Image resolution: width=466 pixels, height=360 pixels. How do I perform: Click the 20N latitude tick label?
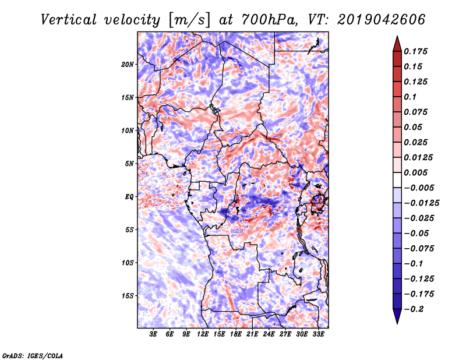[128, 64]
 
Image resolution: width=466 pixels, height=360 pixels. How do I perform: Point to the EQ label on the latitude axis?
[129, 197]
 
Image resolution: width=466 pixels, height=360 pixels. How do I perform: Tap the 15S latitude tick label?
[128, 296]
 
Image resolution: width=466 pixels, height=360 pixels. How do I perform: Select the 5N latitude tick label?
[129, 164]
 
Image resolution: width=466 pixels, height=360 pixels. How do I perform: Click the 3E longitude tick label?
[153, 334]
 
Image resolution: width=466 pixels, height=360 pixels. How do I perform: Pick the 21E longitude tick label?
[252, 334]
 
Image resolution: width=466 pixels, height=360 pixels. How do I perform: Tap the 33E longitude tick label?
[318, 334]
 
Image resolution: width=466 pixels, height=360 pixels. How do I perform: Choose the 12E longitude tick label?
[203, 334]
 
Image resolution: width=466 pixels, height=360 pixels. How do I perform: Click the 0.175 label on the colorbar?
[416, 51]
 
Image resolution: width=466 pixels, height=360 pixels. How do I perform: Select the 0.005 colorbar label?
[416, 172]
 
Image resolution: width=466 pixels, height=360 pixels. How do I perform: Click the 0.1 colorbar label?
[411, 97]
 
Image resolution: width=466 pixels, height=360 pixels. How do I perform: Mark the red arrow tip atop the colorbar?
[397, 36]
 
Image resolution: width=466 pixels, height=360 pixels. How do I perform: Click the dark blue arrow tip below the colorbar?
[397, 323]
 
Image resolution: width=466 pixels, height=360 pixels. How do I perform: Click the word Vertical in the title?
[68, 20]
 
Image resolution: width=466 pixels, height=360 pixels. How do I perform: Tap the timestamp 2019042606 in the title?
[382, 20]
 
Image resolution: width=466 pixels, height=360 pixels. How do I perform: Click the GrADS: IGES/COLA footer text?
[33, 356]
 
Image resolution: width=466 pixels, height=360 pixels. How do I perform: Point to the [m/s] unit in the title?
[189, 20]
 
